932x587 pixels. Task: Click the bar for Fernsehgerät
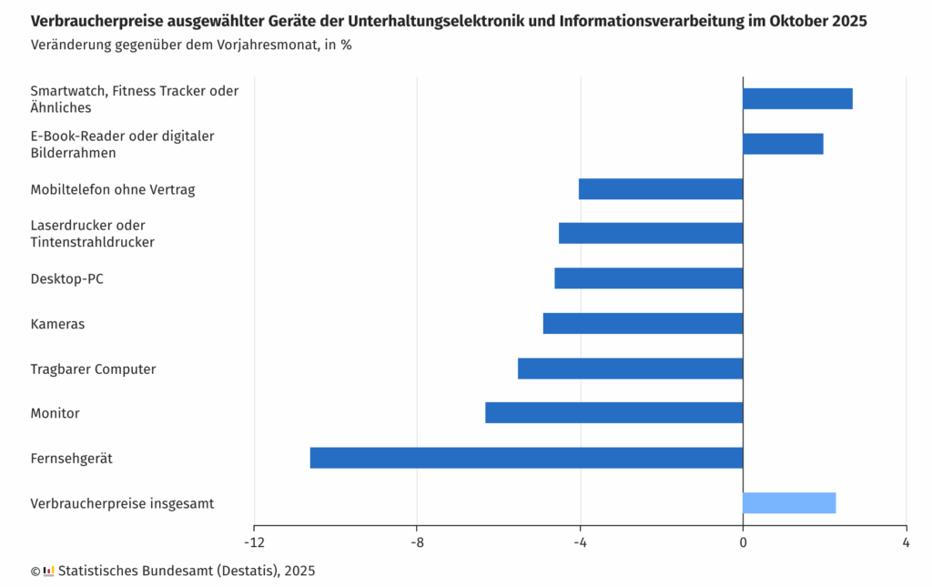click(x=526, y=458)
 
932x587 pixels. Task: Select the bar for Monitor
click(x=613, y=412)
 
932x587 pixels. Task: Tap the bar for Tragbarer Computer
click(x=630, y=369)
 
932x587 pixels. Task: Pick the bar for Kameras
click(x=643, y=323)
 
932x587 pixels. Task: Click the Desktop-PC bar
click(x=648, y=278)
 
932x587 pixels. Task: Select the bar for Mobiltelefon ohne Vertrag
click(x=660, y=189)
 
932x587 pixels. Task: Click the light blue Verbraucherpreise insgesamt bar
click(x=789, y=502)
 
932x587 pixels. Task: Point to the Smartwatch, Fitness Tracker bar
click(x=797, y=98)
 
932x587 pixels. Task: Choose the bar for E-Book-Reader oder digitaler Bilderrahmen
click(x=783, y=144)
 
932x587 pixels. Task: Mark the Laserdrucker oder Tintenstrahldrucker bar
click(x=651, y=233)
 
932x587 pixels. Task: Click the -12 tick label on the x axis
click(x=253, y=542)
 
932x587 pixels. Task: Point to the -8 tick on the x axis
click(x=416, y=542)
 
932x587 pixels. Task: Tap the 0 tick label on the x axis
click(x=743, y=542)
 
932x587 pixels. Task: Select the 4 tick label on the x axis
click(x=906, y=542)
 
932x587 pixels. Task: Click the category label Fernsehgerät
click(x=71, y=459)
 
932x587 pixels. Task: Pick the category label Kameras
click(x=57, y=324)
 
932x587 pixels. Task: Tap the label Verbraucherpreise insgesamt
click(x=122, y=503)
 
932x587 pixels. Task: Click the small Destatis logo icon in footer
click(x=49, y=571)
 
